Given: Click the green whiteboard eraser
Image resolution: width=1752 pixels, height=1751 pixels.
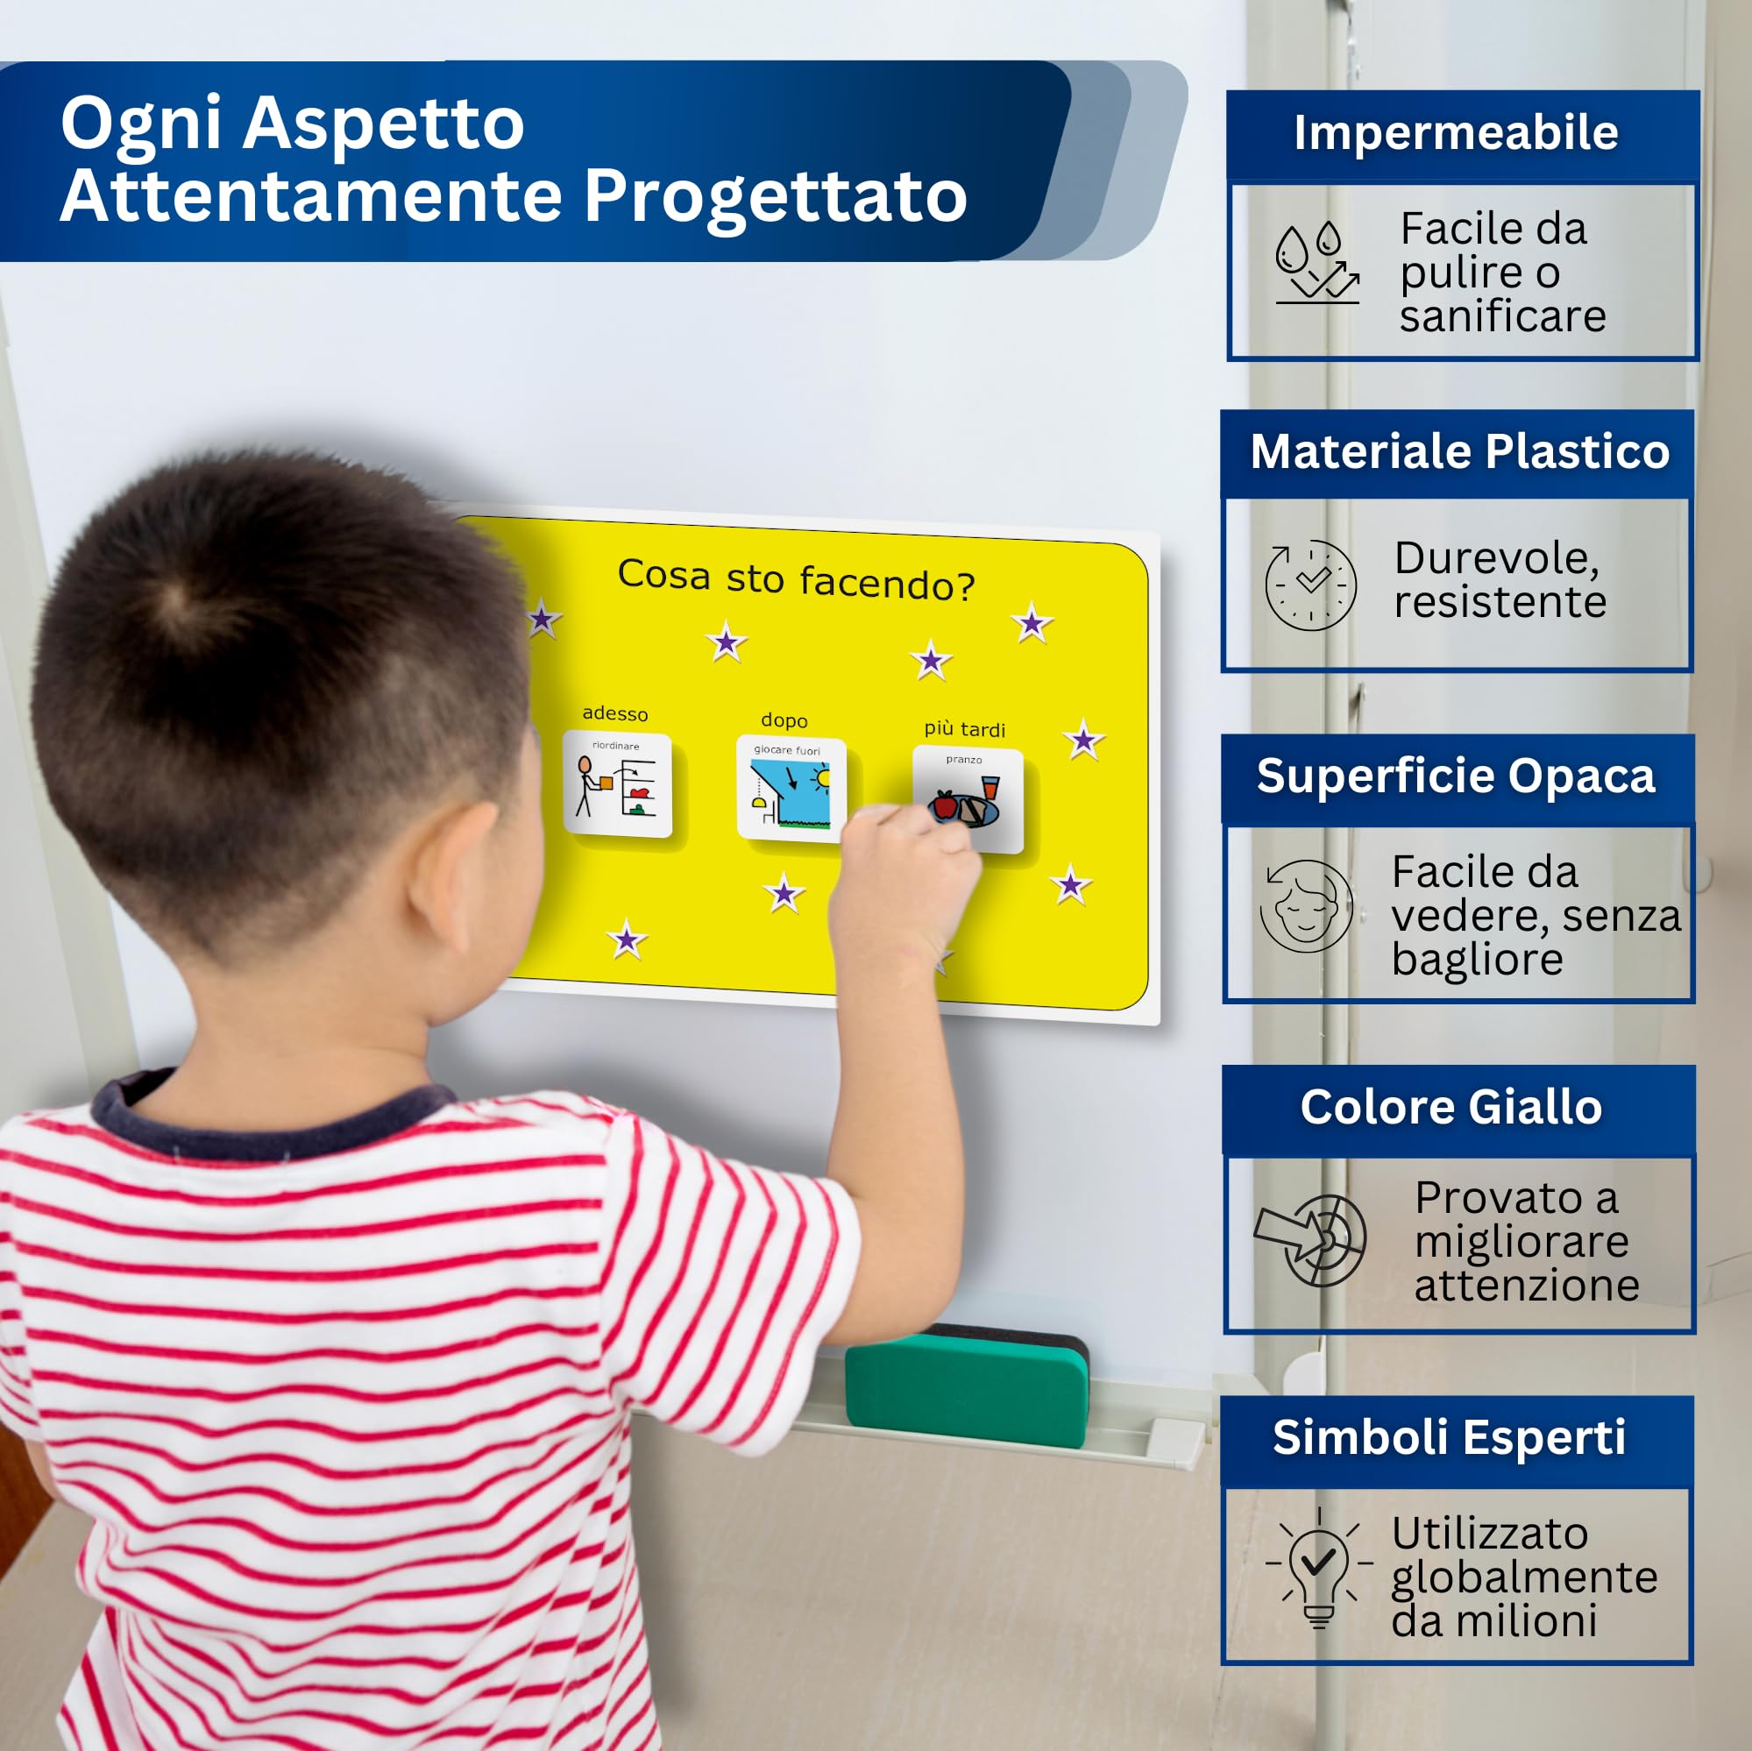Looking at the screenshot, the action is (967, 1385).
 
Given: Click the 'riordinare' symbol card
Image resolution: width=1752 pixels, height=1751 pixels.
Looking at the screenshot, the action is (618, 784).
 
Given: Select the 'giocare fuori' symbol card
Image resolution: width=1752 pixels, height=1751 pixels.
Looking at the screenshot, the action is (791, 789).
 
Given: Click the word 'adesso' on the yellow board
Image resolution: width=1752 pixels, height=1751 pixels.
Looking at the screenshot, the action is (615, 713).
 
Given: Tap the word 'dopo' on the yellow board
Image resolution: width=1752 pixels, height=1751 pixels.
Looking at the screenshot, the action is (784, 721).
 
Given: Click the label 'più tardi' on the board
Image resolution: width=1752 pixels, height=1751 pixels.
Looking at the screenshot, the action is (965, 729).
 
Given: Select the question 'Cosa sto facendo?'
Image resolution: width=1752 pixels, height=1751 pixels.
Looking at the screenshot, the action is (796, 579).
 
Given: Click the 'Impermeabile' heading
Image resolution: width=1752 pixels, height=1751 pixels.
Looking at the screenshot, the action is (1457, 133).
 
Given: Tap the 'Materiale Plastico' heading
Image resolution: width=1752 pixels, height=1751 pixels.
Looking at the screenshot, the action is (1460, 451).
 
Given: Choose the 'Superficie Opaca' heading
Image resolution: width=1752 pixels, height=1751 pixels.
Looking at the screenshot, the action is (1457, 776).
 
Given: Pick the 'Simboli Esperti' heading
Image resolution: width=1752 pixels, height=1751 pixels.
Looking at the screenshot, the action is (1449, 1437).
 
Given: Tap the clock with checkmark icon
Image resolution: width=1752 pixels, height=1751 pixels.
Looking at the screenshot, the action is (1310, 585).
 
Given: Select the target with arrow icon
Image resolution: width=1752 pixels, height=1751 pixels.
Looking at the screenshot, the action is (1311, 1239).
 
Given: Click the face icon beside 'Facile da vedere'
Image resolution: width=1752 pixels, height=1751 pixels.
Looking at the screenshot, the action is (1307, 907).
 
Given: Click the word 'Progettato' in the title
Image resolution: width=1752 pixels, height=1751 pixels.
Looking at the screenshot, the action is (777, 195).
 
